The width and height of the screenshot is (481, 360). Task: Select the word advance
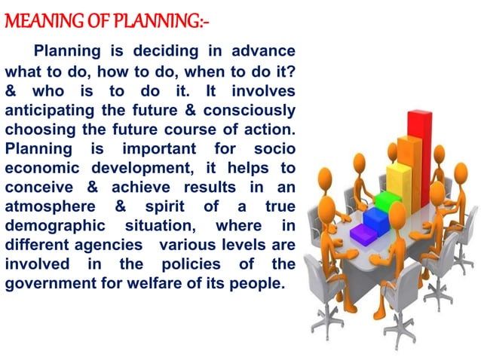pyautogui.click(x=264, y=52)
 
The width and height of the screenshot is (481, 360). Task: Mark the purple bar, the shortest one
pyautogui.click(x=362, y=235)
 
